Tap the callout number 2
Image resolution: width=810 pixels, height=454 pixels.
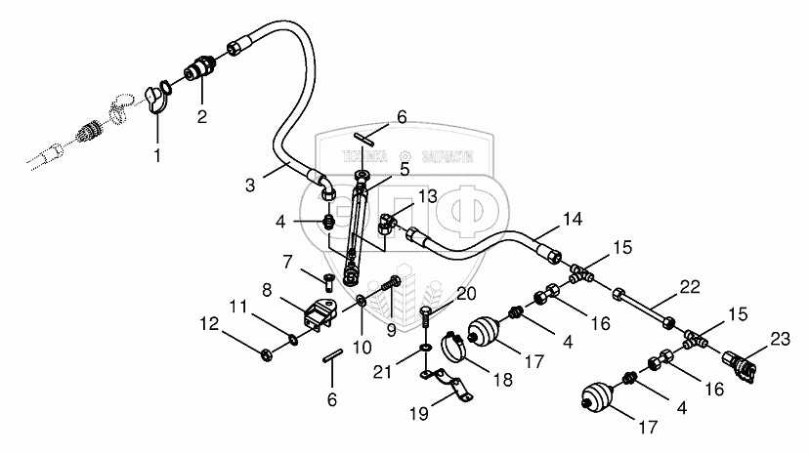click(203, 115)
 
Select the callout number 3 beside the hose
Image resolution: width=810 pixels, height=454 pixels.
click(250, 184)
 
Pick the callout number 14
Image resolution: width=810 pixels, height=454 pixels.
click(572, 218)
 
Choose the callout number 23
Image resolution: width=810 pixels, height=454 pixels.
click(778, 339)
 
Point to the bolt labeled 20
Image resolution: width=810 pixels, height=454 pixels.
click(426, 318)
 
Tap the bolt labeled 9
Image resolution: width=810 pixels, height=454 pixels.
click(392, 283)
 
